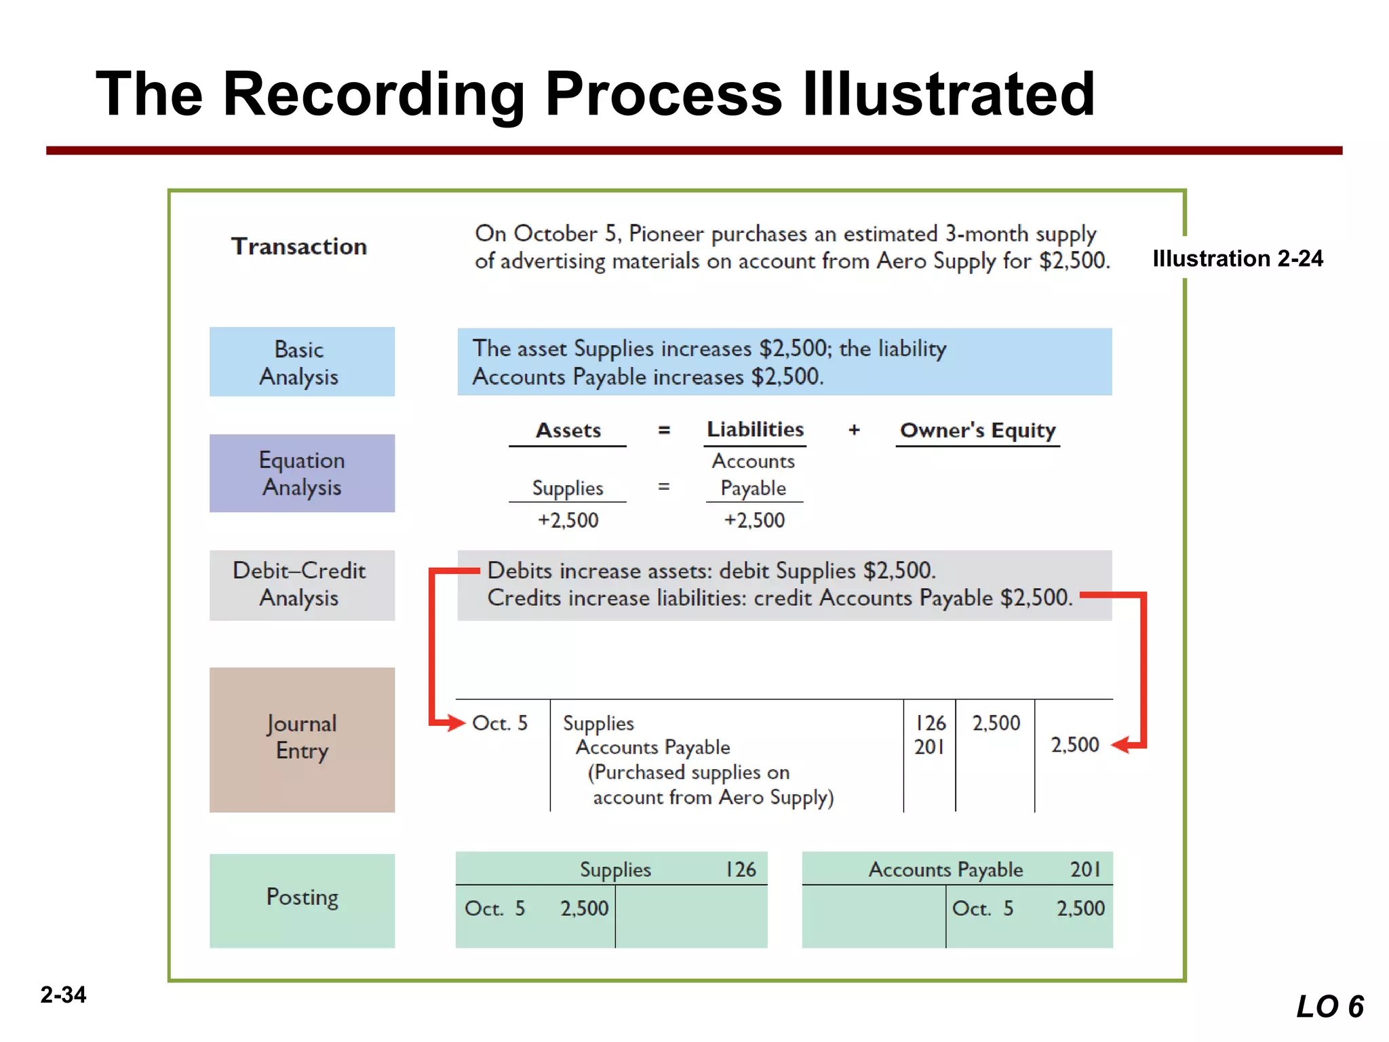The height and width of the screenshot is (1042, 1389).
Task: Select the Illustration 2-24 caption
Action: (x=1237, y=258)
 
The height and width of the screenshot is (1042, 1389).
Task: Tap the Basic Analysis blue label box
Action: (x=302, y=362)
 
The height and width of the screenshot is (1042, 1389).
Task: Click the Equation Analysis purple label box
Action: (x=302, y=473)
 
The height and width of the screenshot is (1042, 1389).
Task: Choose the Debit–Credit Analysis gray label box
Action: (x=302, y=585)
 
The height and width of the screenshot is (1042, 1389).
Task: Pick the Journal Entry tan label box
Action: (x=302, y=739)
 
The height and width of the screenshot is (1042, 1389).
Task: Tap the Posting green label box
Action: (x=302, y=900)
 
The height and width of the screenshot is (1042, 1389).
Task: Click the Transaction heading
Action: (x=299, y=246)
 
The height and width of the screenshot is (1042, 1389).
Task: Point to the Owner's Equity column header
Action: (x=977, y=430)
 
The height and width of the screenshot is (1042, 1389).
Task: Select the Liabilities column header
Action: (x=755, y=429)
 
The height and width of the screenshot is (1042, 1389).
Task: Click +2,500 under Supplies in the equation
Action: (x=568, y=520)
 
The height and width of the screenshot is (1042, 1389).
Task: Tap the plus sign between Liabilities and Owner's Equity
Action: (x=854, y=430)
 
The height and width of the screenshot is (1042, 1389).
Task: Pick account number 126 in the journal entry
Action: (x=930, y=723)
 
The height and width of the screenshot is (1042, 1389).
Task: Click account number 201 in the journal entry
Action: (x=929, y=747)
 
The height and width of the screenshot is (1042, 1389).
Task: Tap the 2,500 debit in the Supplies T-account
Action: (x=584, y=908)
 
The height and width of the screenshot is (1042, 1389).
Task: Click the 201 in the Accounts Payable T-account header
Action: (x=1085, y=869)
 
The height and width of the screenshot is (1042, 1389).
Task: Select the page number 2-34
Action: (x=63, y=995)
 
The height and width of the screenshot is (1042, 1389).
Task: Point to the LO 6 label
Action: (x=1329, y=1007)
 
